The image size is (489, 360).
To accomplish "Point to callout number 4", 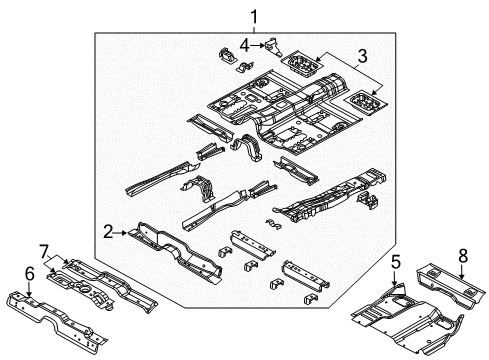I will [245, 45].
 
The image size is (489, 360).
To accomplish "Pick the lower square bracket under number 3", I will [362, 101].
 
